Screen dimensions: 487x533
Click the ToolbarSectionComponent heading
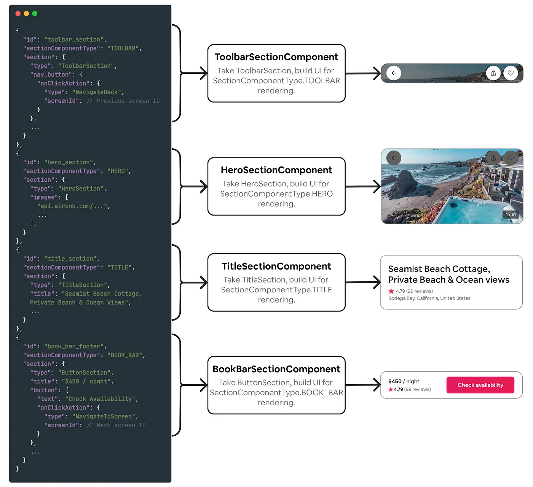click(276, 57)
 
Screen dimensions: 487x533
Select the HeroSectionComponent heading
click(276, 170)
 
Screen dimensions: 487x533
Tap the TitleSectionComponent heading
click(276, 266)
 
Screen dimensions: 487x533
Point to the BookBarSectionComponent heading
click(276, 369)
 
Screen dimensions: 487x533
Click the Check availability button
click(480, 385)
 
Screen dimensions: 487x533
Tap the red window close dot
click(18, 14)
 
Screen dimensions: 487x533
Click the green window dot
click(35, 14)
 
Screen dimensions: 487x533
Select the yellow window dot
click(26, 14)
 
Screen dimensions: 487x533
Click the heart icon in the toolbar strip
click(511, 73)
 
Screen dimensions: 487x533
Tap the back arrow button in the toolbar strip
click(394, 73)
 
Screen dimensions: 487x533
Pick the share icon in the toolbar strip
click(493, 73)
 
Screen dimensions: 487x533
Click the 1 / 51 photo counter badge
click(511, 215)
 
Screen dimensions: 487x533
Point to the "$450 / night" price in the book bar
click(404, 381)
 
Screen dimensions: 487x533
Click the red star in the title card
click(391, 291)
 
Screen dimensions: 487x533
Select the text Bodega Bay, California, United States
click(429, 298)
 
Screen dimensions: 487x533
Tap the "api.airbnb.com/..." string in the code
click(72, 206)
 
